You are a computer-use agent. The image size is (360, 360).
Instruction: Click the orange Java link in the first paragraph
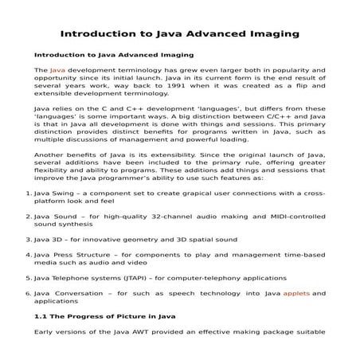(x=57, y=71)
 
